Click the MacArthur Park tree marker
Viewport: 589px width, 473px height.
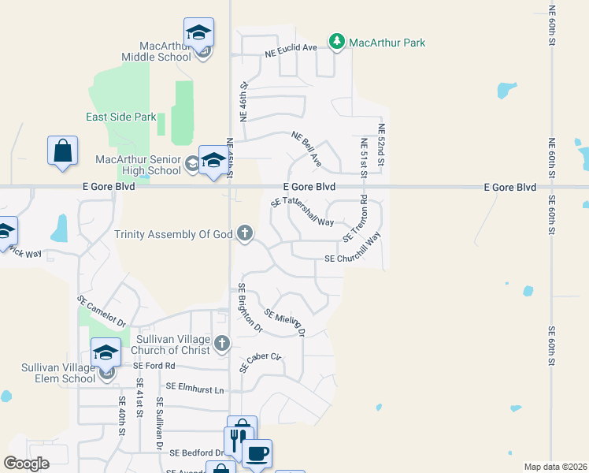[x=337, y=42]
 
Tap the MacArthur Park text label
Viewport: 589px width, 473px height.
[x=387, y=43]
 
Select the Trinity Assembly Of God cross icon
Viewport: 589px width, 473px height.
[x=245, y=233]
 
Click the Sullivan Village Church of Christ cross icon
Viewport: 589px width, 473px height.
[x=222, y=343]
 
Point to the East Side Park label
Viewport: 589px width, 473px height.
[x=121, y=117]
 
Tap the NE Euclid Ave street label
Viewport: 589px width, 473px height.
[x=291, y=48]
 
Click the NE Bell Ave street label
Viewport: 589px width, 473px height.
[x=306, y=148]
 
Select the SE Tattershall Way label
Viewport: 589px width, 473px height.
[x=302, y=213]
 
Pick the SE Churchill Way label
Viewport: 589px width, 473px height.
[x=353, y=259]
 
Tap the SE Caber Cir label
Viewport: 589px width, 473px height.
[x=263, y=362]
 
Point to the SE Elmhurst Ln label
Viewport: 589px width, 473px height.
[x=195, y=388]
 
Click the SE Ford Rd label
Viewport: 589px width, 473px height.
[x=154, y=366]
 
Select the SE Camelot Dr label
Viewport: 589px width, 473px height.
[x=102, y=311]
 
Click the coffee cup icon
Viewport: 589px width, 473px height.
[x=257, y=453]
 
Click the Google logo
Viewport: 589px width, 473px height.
[x=26, y=464]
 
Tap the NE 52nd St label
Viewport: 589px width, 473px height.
[x=381, y=144]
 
